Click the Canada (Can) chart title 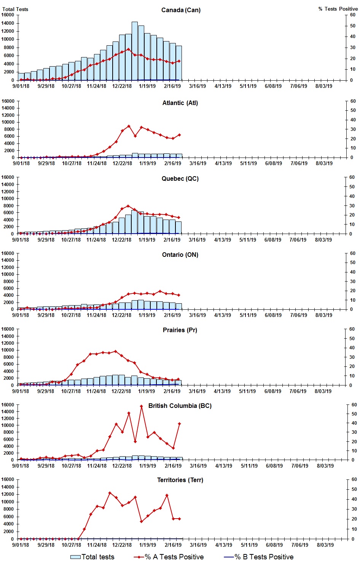coord(181,10)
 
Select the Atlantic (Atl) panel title coord(180,103)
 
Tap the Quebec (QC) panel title coord(180,178)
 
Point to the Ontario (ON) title coord(180,255)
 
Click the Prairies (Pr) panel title coord(180,330)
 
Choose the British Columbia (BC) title coord(180,406)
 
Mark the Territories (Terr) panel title coord(180,480)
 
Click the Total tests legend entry coord(92,557)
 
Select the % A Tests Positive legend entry coord(169,557)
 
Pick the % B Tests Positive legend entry coord(259,557)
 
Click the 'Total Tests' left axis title coord(15,9)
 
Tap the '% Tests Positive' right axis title coord(338,9)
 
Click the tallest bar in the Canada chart coord(135,51)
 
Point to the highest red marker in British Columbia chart coord(141,406)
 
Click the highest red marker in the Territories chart coord(110,493)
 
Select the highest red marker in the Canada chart coord(128,49)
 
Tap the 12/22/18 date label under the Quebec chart coord(121,240)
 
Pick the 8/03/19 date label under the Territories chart coord(325,545)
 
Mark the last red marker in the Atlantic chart coord(179,135)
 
